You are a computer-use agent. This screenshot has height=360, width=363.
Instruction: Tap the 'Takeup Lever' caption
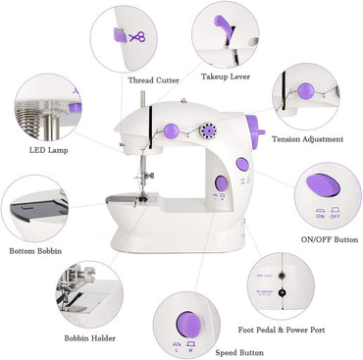point(224,76)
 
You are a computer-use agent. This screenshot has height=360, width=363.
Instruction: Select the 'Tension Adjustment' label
point(306,139)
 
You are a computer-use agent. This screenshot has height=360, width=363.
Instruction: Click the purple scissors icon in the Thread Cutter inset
point(135,37)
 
